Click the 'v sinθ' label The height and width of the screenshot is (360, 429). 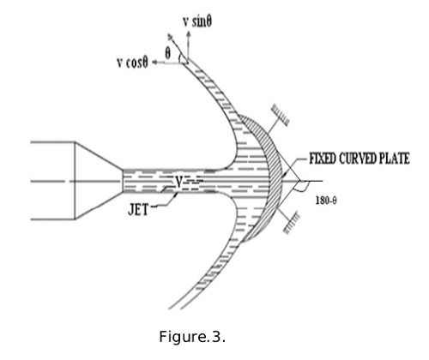click(197, 22)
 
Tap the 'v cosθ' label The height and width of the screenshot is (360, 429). click(132, 62)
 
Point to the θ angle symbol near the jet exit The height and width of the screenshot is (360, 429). click(168, 53)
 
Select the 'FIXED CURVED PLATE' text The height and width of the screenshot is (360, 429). click(360, 159)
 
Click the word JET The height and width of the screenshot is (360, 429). click(138, 210)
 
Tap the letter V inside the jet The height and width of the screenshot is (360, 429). click(179, 182)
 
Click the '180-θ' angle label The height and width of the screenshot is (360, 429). click(326, 201)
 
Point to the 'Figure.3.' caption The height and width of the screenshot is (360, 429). click(192, 336)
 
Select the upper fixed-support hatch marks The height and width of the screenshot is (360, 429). click(281, 115)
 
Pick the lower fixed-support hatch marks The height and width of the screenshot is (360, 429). click(292, 222)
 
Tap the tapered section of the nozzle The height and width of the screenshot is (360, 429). click(99, 181)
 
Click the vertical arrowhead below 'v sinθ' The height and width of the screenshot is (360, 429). click(188, 34)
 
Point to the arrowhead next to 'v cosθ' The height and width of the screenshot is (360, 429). click(154, 63)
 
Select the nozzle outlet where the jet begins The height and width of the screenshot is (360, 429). click(124, 181)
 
